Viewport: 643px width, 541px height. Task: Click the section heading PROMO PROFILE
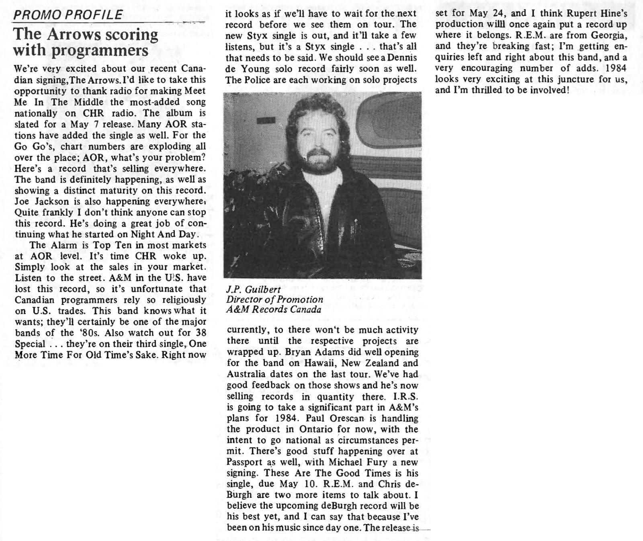pos(68,15)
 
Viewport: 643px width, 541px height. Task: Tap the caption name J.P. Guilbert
pos(254,289)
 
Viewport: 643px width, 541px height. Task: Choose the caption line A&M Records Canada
pos(274,309)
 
